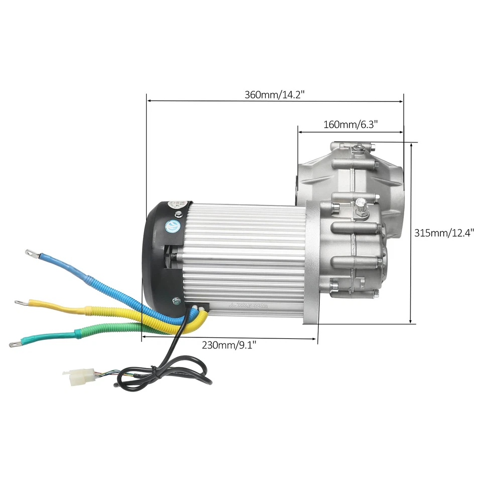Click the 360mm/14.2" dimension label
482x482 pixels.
(x=275, y=94)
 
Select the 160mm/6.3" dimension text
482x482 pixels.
(x=350, y=125)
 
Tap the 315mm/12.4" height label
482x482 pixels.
(x=444, y=233)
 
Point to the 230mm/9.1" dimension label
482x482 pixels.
(x=229, y=345)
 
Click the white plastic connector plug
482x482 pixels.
(x=77, y=374)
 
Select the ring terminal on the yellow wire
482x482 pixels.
(x=22, y=303)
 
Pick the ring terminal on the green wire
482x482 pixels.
(x=15, y=344)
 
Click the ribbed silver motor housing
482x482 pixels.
(x=246, y=256)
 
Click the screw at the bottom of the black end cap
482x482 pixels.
(x=176, y=301)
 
